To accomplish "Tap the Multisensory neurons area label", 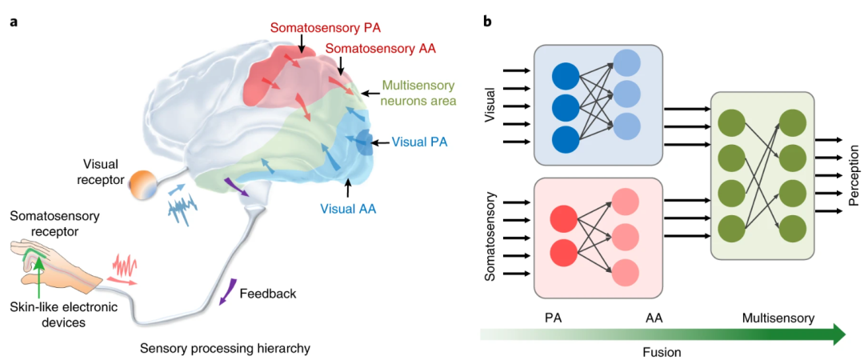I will tap(419, 93).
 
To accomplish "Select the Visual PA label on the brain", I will tap(420, 143).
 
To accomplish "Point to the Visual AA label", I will tap(348, 210).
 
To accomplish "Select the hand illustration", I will tap(52, 262).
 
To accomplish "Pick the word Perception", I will tap(853, 175).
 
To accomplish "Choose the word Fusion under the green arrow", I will tap(661, 351).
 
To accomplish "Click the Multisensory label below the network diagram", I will tap(777, 318).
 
